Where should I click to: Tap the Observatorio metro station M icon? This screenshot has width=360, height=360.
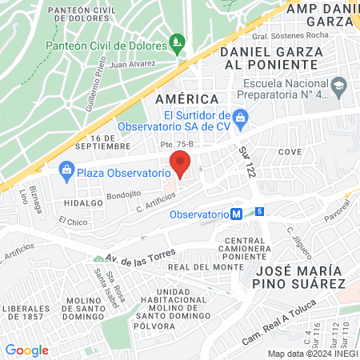[x=237, y=214]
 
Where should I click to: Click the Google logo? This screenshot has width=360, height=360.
[x=26, y=350]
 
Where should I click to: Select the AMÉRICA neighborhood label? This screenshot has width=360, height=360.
[x=186, y=98]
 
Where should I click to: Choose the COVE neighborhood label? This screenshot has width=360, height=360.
[x=289, y=150]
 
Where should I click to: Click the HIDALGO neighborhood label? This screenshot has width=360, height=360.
[x=81, y=203]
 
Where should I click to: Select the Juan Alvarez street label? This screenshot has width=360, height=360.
[x=133, y=64]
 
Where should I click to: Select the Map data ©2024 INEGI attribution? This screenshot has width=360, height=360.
[x=312, y=353]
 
